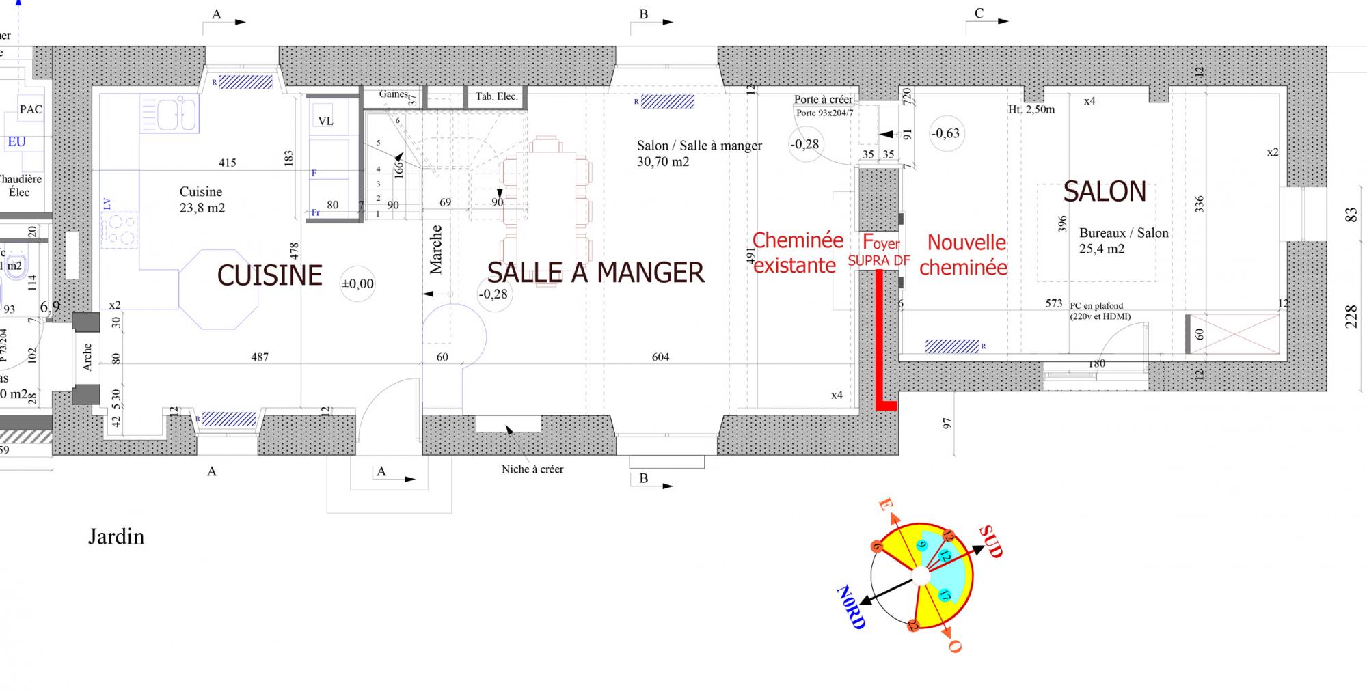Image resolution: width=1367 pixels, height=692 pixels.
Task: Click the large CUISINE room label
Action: (x=269, y=275)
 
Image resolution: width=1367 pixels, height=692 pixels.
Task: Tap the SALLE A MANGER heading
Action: (x=595, y=273)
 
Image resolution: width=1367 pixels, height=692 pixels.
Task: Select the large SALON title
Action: (x=1105, y=192)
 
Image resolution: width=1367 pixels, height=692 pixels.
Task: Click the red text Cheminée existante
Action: (x=796, y=253)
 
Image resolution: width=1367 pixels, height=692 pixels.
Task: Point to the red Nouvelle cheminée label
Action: (x=964, y=254)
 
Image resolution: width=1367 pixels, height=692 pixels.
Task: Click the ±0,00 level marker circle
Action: (x=357, y=283)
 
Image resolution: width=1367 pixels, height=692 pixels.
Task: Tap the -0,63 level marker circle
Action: (x=945, y=134)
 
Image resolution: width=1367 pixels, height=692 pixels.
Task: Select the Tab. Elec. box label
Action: (x=497, y=96)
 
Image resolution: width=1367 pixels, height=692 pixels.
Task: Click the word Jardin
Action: (x=116, y=537)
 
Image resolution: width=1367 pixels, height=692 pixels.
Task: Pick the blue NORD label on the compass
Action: (x=852, y=607)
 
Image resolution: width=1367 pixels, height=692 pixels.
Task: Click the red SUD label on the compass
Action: (x=990, y=541)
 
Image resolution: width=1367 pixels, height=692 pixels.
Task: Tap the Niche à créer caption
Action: (x=532, y=469)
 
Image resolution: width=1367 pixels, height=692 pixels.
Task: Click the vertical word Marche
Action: (x=436, y=250)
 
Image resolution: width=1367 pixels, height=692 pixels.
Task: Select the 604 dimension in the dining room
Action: (x=660, y=357)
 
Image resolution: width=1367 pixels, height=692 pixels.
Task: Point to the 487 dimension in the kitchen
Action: (x=260, y=357)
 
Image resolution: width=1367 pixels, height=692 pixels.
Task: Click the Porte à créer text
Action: (x=824, y=100)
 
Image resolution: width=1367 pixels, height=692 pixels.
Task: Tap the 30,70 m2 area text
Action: (x=663, y=162)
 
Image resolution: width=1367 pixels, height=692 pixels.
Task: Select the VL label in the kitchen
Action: (x=325, y=121)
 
